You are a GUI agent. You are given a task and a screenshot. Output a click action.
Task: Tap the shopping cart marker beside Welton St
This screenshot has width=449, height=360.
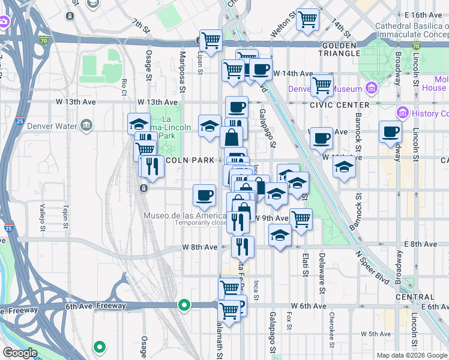[x=308, y=19]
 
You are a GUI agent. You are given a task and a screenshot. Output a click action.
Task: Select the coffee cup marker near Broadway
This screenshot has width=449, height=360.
[x=390, y=131]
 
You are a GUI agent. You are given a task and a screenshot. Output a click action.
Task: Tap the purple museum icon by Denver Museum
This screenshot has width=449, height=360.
[x=371, y=89]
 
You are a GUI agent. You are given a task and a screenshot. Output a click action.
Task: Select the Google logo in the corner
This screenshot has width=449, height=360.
[x=20, y=353]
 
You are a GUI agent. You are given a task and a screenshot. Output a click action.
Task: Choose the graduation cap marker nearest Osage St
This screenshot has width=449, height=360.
[x=139, y=124]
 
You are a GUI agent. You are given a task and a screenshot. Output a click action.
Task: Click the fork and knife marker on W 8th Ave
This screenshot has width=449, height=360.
[x=243, y=246]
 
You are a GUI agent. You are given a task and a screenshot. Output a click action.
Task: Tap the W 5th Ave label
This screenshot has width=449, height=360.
[x=376, y=334]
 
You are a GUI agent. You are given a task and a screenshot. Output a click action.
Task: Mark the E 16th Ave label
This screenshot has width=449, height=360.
[x=423, y=14]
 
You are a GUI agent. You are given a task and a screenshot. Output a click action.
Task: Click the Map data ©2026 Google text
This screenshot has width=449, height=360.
[x=411, y=355]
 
